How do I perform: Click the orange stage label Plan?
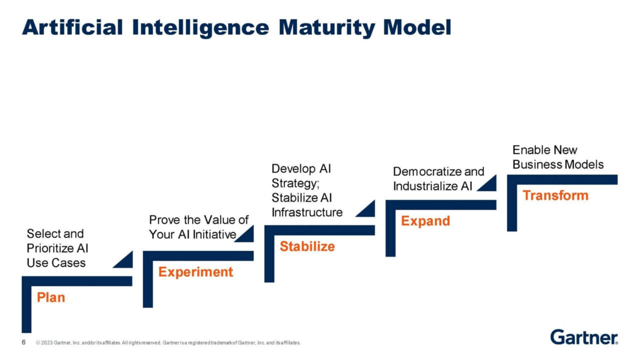pyautogui.click(x=51, y=297)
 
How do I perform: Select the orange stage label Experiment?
pyautogui.click(x=195, y=272)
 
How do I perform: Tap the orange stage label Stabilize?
pyautogui.click(x=307, y=246)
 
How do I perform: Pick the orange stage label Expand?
pyautogui.click(x=425, y=221)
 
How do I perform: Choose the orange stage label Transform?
pyautogui.click(x=555, y=195)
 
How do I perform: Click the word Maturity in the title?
pyautogui.click(x=327, y=27)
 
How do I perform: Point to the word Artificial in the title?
pyautogui.click(x=72, y=27)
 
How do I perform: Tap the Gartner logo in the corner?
pyautogui.click(x=584, y=337)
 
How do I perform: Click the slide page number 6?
pyautogui.click(x=23, y=342)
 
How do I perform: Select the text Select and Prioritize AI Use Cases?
pyautogui.click(x=56, y=248)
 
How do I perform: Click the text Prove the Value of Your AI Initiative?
pyautogui.click(x=198, y=227)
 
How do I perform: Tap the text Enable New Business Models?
pyautogui.click(x=558, y=157)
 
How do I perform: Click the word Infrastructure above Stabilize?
pyautogui.click(x=307, y=212)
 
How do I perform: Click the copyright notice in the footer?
pyautogui.click(x=168, y=343)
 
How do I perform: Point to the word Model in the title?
pyautogui.click(x=417, y=27)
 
